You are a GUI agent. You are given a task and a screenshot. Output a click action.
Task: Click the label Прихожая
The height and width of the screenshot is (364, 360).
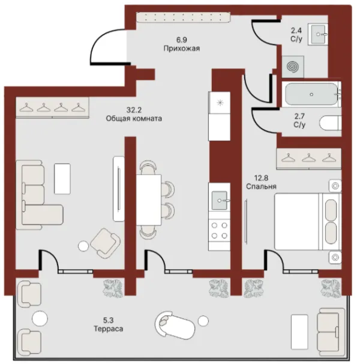tap(182, 48)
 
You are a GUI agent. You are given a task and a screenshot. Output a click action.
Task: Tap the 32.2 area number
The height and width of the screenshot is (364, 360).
tap(134, 110)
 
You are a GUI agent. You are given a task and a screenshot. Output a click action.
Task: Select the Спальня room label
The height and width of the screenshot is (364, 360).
tap(261, 186)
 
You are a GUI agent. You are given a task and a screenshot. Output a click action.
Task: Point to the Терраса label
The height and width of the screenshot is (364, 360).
tap(109, 329)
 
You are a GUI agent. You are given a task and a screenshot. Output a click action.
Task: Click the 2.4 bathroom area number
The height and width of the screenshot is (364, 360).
tap(296, 31)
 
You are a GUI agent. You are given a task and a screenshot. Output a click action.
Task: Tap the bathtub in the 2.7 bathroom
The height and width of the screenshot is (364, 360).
tap(311, 94)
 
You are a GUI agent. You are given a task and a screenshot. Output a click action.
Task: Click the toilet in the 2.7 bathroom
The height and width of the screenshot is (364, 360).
tap(331, 123)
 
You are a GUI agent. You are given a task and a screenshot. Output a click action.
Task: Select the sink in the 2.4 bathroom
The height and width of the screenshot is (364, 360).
tap(318, 34)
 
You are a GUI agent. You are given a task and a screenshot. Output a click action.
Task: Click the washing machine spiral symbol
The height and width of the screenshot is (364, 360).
tap(293, 67)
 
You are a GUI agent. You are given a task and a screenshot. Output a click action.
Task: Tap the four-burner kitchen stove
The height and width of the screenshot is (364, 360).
tap(219, 230)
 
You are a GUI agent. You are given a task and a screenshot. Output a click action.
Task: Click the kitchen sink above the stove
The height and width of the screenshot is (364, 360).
tap(220, 200)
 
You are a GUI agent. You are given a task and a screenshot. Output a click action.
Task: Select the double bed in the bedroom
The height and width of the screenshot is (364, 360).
tap(308, 222)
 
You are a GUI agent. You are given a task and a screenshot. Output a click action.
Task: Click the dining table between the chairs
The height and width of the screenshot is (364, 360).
tap(149, 200)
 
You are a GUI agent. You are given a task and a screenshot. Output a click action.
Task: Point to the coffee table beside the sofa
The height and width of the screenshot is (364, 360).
tap(62, 178)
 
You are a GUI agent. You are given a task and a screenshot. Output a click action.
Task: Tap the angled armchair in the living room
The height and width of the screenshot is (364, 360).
tap(106, 243)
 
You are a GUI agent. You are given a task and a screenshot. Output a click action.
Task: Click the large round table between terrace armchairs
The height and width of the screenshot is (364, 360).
tap(40, 318)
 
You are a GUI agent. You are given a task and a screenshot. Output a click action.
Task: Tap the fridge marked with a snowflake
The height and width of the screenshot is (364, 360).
tap(219, 102)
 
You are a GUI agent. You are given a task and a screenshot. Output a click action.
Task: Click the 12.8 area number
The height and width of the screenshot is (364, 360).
tap(261, 178)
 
